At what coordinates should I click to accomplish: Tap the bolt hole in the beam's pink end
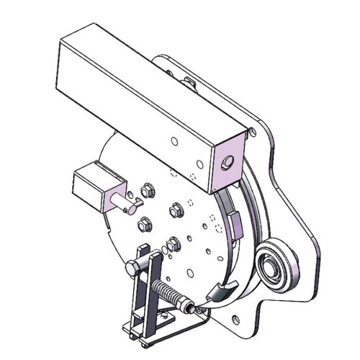tap(228, 164)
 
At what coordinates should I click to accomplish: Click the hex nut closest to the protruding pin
tap(146, 191)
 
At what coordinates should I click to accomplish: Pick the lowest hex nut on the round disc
tap(173, 243)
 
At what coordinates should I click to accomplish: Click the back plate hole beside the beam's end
tap(251, 131)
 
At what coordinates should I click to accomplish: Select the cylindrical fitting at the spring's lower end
tap(189, 309)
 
